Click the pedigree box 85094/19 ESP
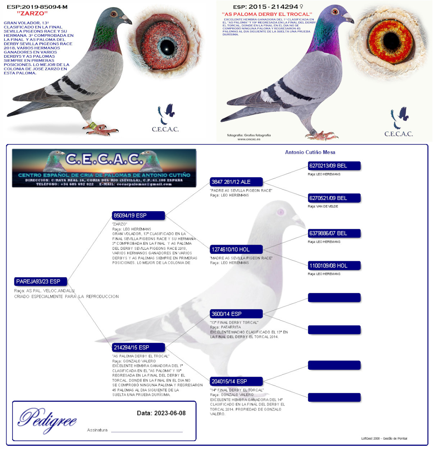point(138,215)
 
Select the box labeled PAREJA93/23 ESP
point(40,281)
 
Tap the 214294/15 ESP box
point(138,347)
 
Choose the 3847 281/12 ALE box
point(236,182)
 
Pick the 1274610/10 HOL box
point(236,249)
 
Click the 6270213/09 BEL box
point(334,166)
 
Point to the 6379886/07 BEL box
point(334,233)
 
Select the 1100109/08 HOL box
point(334,266)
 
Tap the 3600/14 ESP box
point(236,314)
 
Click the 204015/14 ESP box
point(236,381)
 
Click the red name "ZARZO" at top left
point(32,14)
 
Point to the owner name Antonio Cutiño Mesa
point(310,152)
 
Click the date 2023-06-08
point(170,413)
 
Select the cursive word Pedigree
point(47,420)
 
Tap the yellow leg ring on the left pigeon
point(93,126)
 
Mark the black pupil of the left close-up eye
point(167,46)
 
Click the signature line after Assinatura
point(147,431)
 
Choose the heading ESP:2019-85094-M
point(37,7)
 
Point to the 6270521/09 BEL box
point(334,198)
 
